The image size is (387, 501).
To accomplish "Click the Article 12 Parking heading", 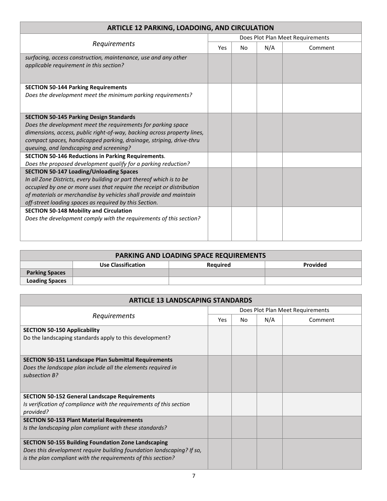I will pos(190,28).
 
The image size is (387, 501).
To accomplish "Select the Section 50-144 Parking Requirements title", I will pos(76,87).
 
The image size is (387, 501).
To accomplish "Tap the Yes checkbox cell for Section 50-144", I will pos(220,98).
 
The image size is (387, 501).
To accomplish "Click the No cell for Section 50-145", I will pos(244,132).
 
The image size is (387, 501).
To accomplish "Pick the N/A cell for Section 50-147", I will pos(269,187).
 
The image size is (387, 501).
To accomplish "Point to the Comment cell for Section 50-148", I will pos(321,224).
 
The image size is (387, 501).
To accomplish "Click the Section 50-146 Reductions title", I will pos(95,156).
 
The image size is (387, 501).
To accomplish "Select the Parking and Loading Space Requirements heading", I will pos(190,255).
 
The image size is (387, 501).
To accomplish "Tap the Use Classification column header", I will pos(122,265).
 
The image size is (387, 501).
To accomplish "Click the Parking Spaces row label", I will pos(46,273).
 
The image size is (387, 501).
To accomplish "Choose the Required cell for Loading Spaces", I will pos(217,281).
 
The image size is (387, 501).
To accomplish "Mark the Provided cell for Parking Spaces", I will pos(313,273).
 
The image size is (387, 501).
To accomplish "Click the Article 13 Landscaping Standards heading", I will pos(190,300).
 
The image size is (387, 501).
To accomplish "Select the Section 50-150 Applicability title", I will pos(61,330).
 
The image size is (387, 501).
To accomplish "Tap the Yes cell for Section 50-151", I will pos(220,374).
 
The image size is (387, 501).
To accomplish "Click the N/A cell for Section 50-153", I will pos(269,427).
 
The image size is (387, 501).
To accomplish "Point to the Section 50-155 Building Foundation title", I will pos(95,442).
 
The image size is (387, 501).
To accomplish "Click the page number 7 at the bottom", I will pos(193,476).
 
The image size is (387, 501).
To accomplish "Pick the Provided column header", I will pos(314,265).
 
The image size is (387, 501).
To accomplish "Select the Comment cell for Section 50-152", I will pos(321,404).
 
